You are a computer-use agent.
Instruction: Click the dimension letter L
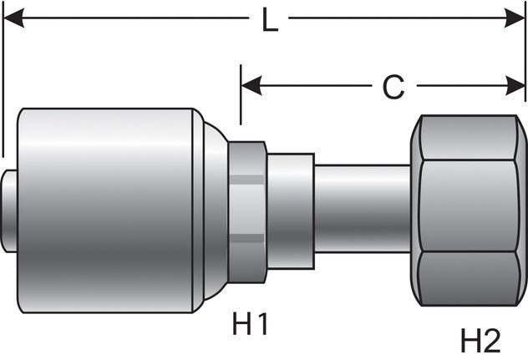pyautogui.click(x=269, y=20)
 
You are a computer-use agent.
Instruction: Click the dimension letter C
pyautogui.click(x=393, y=85)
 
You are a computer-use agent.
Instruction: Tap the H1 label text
pyautogui.click(x=251, y=323)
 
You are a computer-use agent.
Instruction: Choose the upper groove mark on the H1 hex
pyautogui.click(x=247, y=177)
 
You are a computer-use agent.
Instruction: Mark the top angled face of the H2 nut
pyautogui.click(x=468, y=138)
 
